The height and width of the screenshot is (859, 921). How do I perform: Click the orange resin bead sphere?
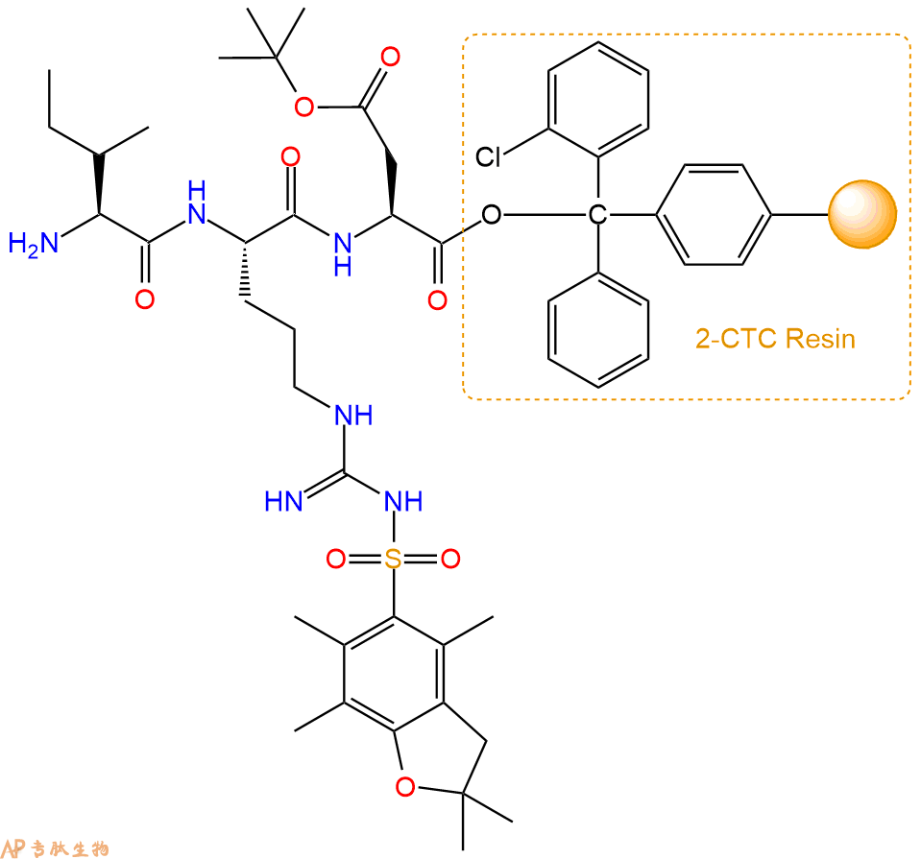(x=862, y=214)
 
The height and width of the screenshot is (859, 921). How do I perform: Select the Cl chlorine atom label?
(x=488, y=157)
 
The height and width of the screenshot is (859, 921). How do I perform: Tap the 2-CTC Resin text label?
(x=775, y=339)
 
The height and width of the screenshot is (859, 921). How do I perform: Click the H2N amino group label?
(x=34, y=243)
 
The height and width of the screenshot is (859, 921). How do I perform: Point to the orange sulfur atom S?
(x=393, y=559)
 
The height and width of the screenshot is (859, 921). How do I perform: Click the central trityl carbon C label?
(x=598, y=215)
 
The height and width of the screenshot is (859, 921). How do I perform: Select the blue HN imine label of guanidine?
(x=283, y=502)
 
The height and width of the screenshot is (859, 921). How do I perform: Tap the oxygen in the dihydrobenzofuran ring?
(x=405, y=787)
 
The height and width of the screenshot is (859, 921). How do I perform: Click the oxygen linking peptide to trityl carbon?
(x=492, y=215)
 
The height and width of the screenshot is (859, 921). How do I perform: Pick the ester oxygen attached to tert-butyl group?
(x=304, y=107)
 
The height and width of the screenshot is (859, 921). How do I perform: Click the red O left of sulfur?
(x=336, y=559)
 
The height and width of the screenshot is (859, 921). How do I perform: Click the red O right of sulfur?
(x=450, y=559)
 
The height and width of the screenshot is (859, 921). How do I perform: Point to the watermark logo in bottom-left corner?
(x=55, y=848)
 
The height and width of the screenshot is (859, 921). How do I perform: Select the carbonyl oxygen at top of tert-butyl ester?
(x=391, y=57)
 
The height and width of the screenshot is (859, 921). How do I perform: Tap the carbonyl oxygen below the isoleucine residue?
(x=144, y=299)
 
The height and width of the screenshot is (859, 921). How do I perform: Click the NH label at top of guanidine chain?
(x=353, y=416)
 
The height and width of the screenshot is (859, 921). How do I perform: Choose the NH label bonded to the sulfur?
(x=403, y=502)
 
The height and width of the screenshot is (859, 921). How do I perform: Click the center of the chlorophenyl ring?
(x=598, y=100)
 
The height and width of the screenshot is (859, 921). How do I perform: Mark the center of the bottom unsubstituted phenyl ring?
(x=598, y=330)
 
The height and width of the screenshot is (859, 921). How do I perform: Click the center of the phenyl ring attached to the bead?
(x=713, y=215)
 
